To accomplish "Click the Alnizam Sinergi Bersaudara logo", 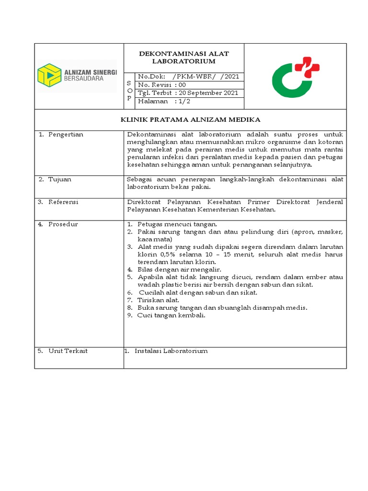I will [77, 76].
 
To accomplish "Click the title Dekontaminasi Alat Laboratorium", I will [184, 58].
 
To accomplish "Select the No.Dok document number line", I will [188, 76].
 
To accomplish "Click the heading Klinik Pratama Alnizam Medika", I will [190, 120].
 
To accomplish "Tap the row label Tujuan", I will [59, 179].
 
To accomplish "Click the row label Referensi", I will [63, 202].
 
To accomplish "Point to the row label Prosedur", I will [62, 224].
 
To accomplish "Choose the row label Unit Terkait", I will [67, 351].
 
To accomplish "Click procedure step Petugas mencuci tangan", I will [177, 224].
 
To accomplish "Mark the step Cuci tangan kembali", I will [171, 315].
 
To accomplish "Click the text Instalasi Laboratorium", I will [171, 351].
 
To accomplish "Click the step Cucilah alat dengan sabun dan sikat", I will [198, 292].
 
